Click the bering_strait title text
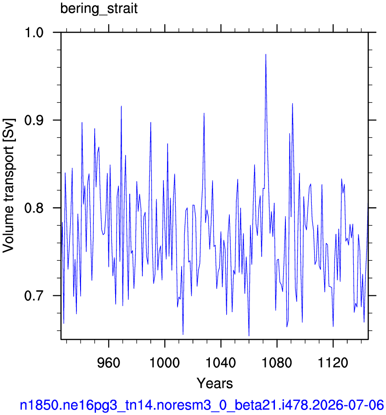click(x=99, y=9)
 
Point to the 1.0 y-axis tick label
click(x=34, y=33)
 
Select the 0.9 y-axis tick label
click(x=34, y=120)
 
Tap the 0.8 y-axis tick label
click(x=34, y=208)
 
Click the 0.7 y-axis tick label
click(x=34, y=296)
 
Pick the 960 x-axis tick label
click(x=108, y=362)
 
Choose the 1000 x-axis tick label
click(x=165, y=362)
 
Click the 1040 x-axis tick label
click(x=221, y=362)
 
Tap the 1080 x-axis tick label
click(x=277, y=362)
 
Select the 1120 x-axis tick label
click(x=333, y=362)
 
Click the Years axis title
click(x=214, y=383)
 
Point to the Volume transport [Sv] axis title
click(x=9, y=186)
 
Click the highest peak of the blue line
click(x=265, y=54)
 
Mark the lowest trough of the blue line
click(x=249, y=336)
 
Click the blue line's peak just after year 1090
click(x=292, y=103)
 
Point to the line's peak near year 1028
click(x=204, y=113)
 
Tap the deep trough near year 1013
click(x=183, y=334)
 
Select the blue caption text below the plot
click(x=202, y=405)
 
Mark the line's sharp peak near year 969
click(x=121, y=106)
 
